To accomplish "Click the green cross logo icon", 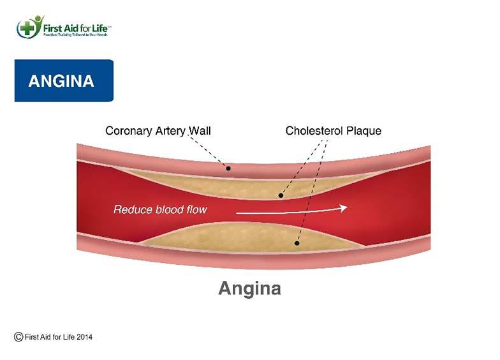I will tap(27, 27).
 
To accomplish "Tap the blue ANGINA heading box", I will tap(64, 81).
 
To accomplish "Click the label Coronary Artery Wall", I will tap(158, 131).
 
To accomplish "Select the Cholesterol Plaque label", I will tap(333, 131).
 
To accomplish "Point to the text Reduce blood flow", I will tap(160, 209).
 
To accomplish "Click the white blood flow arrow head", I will tap(343, 208).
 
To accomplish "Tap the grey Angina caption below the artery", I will tap(249, 288).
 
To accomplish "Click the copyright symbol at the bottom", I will tap(19, 336).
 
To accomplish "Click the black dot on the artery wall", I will tap(228, 169).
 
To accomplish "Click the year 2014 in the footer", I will tap(83, 337).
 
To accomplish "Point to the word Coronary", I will tap(126, 131).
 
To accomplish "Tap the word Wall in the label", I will tap(199, 131).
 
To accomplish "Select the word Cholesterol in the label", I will tap(313, 131).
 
